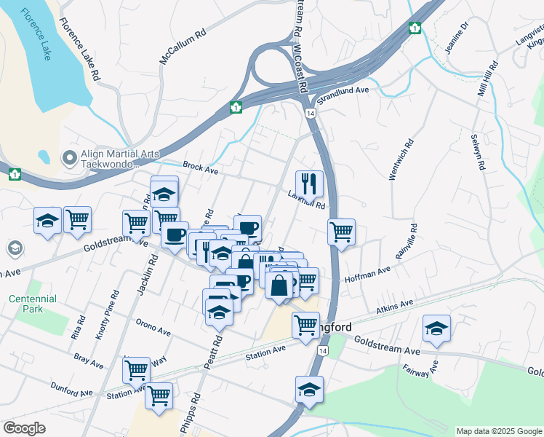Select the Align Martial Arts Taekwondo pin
pos(70,157)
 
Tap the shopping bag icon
pos(279,285)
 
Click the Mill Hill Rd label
pos(484,80)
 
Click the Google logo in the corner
pos(24,428)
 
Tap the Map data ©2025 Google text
pos(498,431)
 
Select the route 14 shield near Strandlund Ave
pos(311,114)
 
